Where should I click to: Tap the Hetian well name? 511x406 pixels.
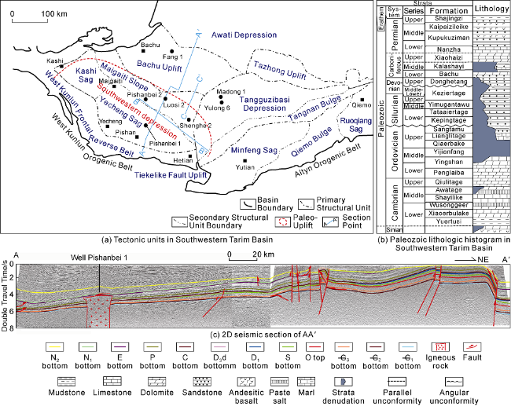(x=182, y=160)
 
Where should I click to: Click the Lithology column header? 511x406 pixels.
(x=491, y=9)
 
